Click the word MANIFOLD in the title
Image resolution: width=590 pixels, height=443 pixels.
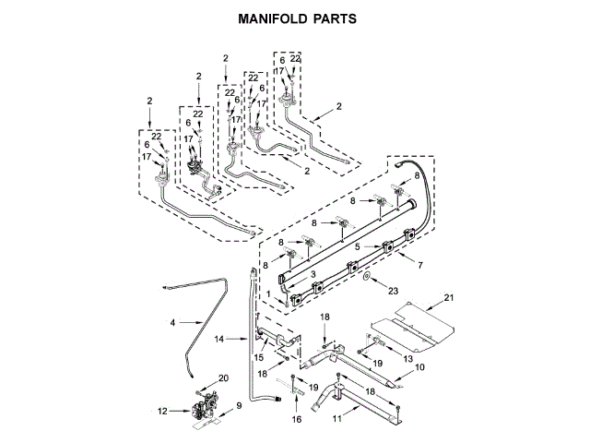270,18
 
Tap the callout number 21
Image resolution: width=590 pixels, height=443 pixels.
449,297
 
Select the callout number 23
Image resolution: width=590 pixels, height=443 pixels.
394,291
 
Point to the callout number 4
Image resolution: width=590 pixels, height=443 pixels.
172,322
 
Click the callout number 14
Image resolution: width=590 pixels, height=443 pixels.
219,340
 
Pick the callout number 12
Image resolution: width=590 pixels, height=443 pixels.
163,411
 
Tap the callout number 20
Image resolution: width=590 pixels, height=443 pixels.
222,378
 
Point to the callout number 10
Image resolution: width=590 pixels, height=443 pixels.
419,367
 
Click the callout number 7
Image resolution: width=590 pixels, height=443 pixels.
421,265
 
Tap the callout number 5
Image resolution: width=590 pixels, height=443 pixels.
357,247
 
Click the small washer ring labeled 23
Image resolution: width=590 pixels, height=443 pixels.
367,276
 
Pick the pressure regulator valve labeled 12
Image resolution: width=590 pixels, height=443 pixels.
204,406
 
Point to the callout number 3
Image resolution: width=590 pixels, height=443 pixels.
313,274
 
